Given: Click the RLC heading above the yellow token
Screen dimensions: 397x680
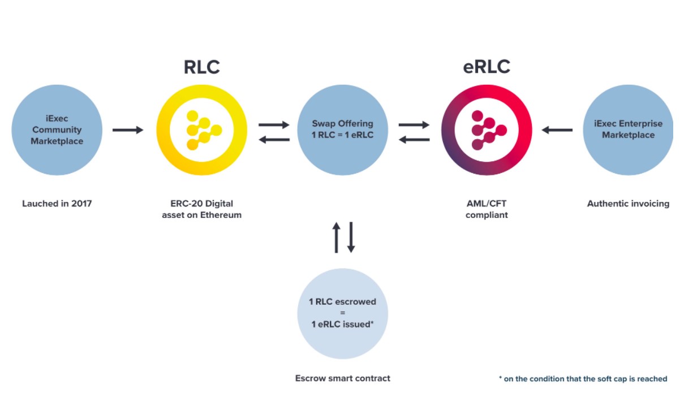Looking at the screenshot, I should tap(201, 67).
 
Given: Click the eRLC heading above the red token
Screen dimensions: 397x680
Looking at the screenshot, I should tap(486, 67).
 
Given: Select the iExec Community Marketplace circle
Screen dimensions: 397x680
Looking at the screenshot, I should tap(57, 130).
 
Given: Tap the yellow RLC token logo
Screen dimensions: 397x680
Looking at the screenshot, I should tap(201, 130).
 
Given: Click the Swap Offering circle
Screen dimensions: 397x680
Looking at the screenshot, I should tap(342, 130).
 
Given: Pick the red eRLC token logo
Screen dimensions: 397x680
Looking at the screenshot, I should tap(486, 130).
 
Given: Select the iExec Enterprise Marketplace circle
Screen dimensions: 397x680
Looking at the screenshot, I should tap(628, 130).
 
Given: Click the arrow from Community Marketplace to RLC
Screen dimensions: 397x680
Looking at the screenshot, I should tap(128, 130).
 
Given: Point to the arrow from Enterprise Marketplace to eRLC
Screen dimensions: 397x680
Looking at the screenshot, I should tap(557, 130).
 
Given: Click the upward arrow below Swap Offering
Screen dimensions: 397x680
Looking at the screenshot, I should tap(336, 237).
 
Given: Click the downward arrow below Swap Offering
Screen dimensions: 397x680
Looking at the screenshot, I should tap(351, 237).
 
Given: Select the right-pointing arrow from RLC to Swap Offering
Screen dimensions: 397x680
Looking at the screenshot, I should tap(274, 124).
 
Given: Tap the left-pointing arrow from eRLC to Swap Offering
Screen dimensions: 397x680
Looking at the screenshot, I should tap(414, 139).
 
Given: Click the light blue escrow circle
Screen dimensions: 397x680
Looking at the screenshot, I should tap(342, 313).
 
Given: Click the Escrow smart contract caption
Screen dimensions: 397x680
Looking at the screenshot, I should tap(342, 378).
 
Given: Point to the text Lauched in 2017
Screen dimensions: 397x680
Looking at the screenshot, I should tap(57, 204).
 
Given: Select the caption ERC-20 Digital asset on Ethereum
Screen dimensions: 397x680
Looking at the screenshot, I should tap(201, 209).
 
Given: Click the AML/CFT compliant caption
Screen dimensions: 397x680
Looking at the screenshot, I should tap(486, 209).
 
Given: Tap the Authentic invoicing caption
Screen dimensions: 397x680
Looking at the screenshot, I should tap(628, 204).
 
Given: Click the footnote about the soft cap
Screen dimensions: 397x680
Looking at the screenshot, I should tap(583, 379).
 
